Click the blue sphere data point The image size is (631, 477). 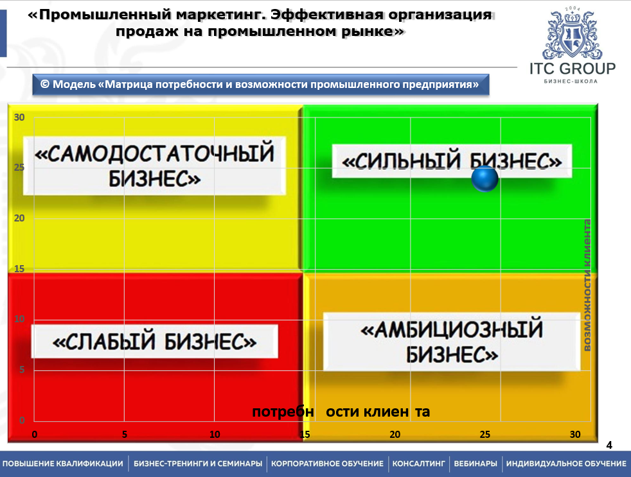pos(484,178)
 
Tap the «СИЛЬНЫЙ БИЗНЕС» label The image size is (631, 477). pos(452,161)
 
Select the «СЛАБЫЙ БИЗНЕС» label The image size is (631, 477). pos(154,342)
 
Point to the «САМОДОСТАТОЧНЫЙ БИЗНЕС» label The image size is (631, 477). pos(154,166)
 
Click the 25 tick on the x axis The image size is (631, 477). pos(485,435)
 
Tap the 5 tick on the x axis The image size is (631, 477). pos(125,435)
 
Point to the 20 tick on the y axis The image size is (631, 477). pos(19,218)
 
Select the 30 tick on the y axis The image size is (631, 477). pos(19,117)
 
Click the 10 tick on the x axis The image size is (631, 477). pos(215,435)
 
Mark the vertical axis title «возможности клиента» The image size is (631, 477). pos(587,285)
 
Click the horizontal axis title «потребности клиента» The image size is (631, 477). pos(341,412)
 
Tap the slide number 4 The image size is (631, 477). pos(609,445)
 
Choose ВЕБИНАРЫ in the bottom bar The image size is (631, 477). pos(475,464)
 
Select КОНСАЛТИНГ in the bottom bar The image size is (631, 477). pos(418,464)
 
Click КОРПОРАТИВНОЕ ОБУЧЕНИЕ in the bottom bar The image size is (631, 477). pos(327,464)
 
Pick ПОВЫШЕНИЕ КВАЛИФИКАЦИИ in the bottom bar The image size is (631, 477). pos(63,464)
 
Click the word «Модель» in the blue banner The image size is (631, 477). pos(75,85)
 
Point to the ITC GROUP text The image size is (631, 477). pos(573,69)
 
